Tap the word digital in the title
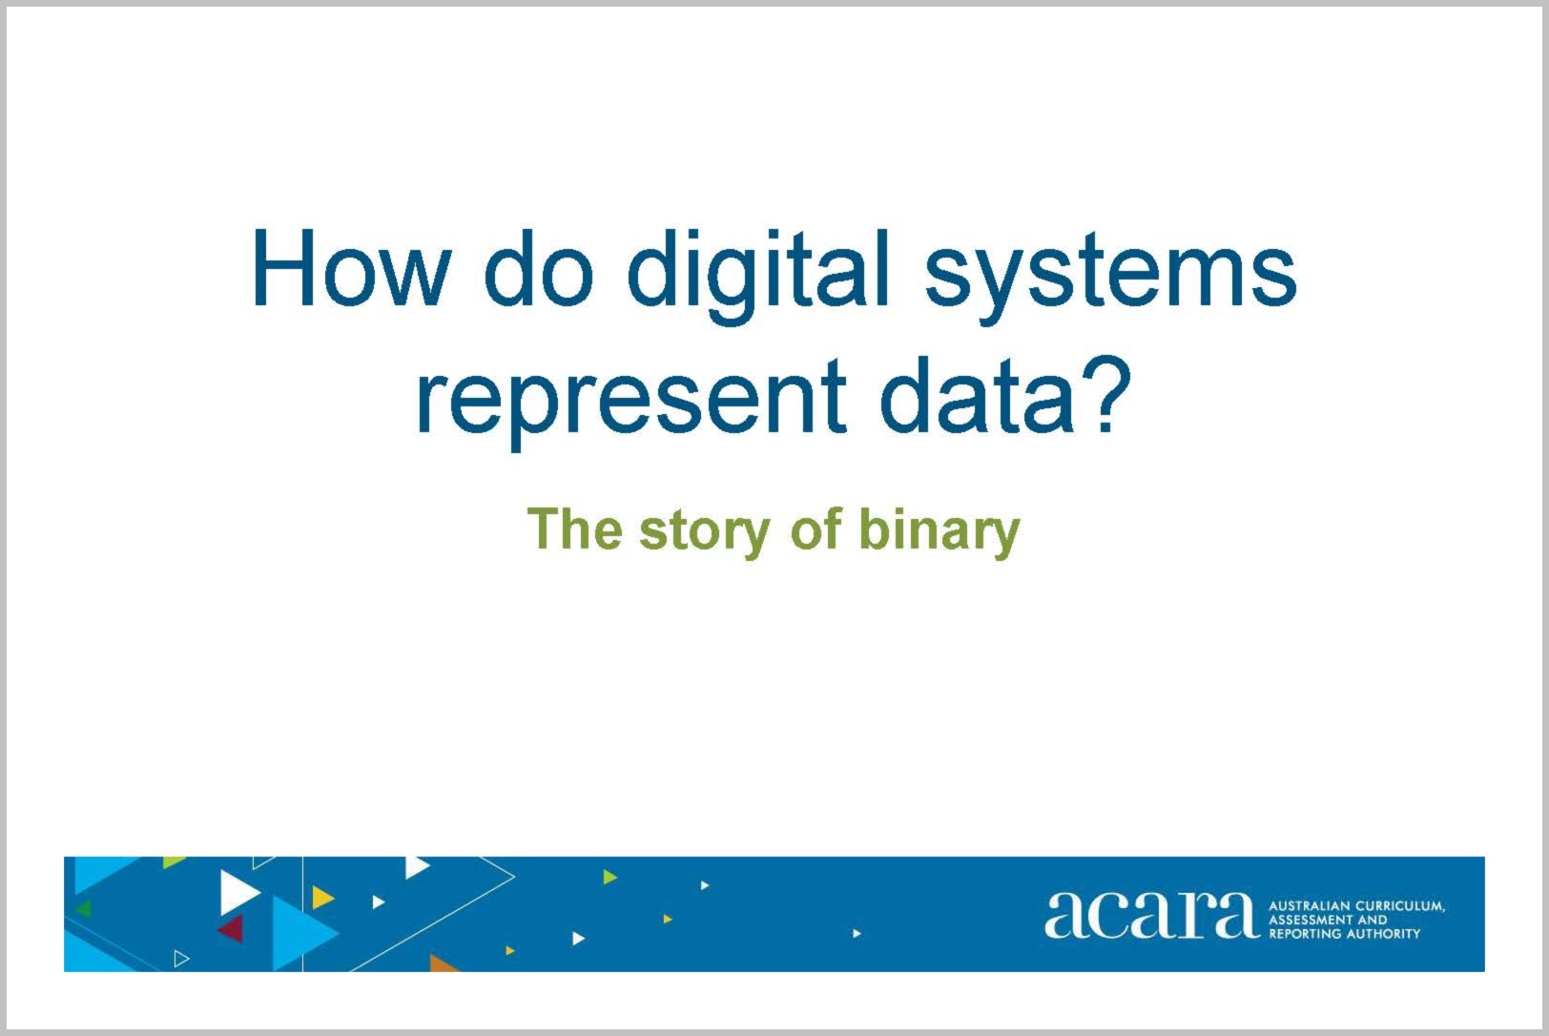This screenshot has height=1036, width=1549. tap(756, 277)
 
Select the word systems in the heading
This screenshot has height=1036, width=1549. tap(1110, 277)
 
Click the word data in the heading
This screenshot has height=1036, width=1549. tap(979, 394)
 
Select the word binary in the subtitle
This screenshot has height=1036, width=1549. tap(940, 532)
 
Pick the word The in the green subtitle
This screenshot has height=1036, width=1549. tap(574, 528)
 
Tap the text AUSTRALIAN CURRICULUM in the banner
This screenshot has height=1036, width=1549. tap(1356, 906)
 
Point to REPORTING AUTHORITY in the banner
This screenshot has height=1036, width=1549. tap(1344, 934)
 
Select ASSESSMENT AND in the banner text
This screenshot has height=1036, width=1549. tap(1328, 920)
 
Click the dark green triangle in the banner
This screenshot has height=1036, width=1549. tap(84, 909)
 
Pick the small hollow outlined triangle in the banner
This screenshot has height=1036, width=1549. tap(180, 959)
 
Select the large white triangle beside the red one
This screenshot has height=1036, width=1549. tap(237, 892)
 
